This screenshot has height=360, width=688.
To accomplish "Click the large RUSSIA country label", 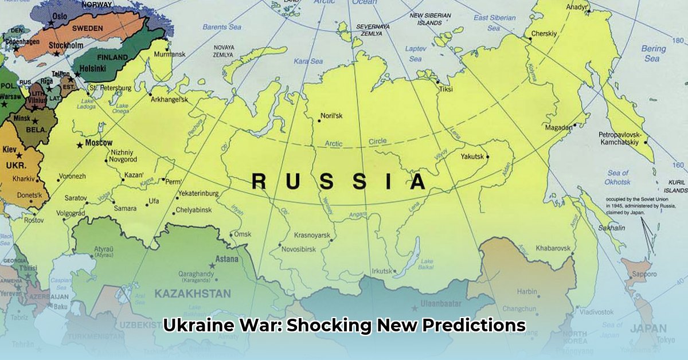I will [339, 182].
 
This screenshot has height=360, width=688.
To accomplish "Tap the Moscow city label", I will [99, 143].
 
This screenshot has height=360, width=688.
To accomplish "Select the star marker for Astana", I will [212, 265].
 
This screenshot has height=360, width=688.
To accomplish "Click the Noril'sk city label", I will [331, 116].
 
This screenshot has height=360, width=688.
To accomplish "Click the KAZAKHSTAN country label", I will [192, 294].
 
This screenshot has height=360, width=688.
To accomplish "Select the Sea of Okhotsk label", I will [618, 177].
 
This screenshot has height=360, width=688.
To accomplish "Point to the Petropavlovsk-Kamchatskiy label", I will [621, 138].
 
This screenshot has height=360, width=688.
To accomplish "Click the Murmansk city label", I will [170, 54].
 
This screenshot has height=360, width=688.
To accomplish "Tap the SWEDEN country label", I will [88, 28].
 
